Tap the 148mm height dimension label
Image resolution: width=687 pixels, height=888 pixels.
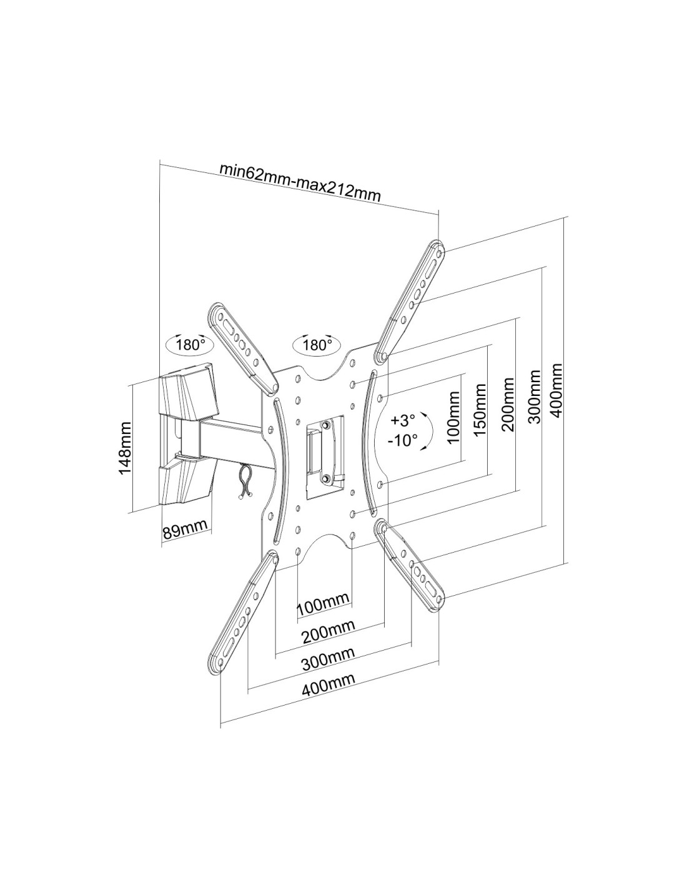(x=125, y=447)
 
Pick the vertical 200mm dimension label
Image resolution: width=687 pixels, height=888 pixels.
(x=508, y=404)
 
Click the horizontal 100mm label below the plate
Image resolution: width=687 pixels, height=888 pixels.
(x=323, y=604)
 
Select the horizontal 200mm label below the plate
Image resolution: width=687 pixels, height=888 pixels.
(x=328, y=631)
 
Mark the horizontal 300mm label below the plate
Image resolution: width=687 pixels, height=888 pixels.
(x=328, y=659)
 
